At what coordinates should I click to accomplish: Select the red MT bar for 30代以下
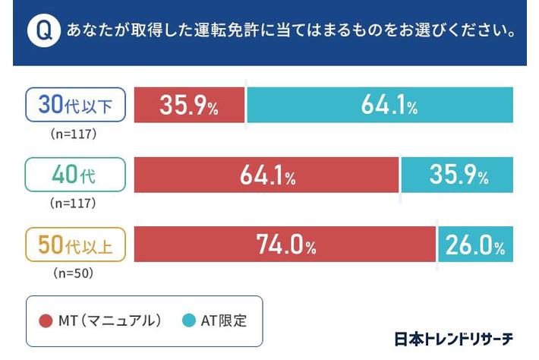click(189, 106)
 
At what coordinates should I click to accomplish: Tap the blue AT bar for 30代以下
click(380, 106)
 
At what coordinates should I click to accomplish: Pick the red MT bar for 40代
click(266, 175)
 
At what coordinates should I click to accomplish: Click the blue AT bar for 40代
click(457, 175)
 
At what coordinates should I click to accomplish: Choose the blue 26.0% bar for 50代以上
click(475, 245)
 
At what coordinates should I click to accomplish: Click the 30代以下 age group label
click(74, 106)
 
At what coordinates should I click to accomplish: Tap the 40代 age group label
click(74, 175)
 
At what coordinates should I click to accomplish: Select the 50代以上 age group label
click(74, 245)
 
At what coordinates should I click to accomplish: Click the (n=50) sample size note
click(74, 272)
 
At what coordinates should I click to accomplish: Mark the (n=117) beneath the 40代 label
click(74, 204)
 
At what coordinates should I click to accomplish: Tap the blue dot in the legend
click(188, 321)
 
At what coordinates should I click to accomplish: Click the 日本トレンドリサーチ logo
click(454, 339)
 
